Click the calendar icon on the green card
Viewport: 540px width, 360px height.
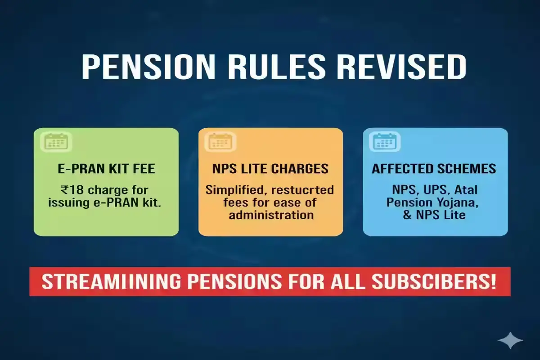coord(56,141)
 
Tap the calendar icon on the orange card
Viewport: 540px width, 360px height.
coord(220,141)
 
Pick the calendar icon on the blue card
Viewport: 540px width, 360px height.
coord(385,141)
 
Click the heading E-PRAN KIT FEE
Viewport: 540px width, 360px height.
coord(106,169)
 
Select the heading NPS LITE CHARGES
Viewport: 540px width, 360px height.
coord(270,169)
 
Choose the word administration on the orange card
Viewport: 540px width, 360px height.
coord(270,215)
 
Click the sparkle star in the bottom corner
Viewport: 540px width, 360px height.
coord(511,341)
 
